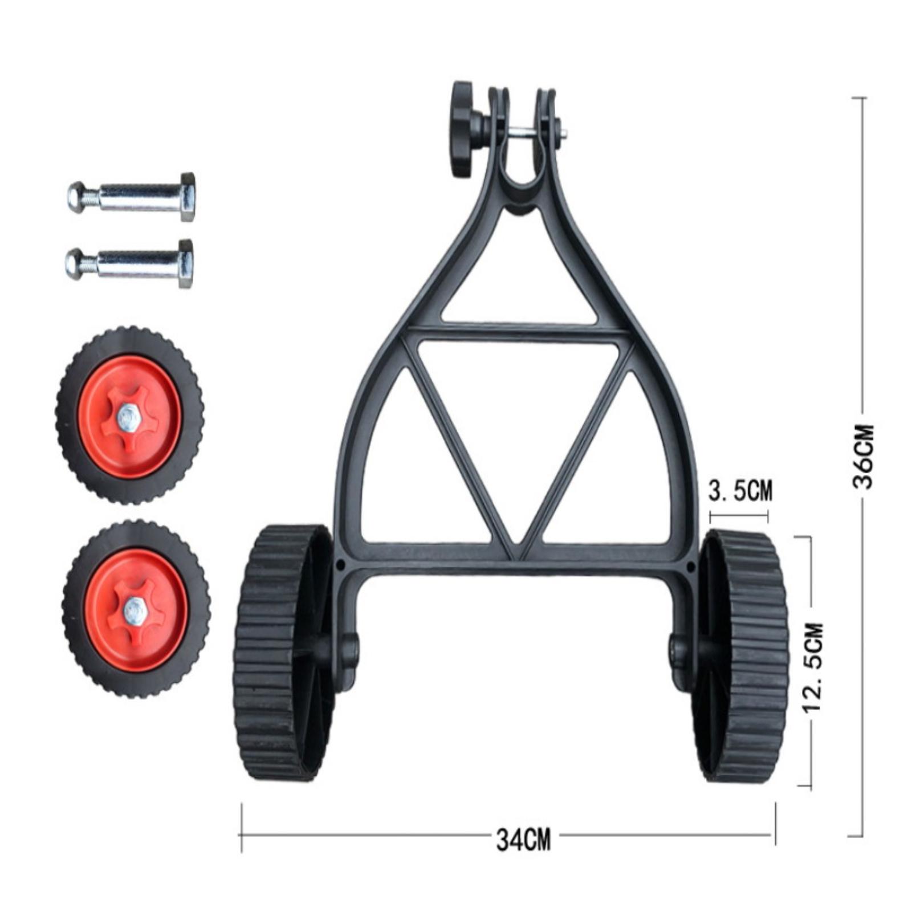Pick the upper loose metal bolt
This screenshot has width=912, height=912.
tap(132, 197)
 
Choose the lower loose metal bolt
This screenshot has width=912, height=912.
tap(129, 263)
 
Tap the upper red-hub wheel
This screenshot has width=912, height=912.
tap(129, 415)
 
